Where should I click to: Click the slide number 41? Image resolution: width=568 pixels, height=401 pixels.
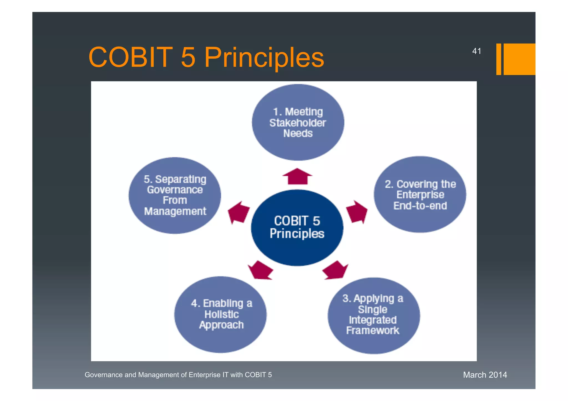pyautogui.click(x=476, y=51)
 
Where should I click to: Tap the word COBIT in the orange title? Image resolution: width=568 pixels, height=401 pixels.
pyautogui.click(x=130, y=57)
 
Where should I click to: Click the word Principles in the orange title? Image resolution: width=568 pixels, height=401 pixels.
pyautogui.click(x=264, y=58)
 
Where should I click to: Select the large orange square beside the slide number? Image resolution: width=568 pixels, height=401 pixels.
pyautogui.click(x=519, y=59)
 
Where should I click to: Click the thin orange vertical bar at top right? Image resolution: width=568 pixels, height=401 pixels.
pyautogui.click(x=498, y=59)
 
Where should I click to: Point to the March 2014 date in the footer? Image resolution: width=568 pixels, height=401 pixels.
pyautogui.click(x=485, y=375)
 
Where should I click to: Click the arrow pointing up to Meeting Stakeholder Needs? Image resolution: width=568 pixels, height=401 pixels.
pyautogui.click(x=297, y=177)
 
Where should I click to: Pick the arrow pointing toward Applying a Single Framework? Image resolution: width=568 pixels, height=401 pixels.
pyautogui.click(x=336, y=270)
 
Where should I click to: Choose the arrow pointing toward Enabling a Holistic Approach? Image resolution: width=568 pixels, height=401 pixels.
pyautogui.click(x=260, y=270)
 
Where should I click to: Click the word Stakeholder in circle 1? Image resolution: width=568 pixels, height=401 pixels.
pyautogui.click(x=298, y=123)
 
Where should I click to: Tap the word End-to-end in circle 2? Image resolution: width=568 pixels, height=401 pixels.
pyautogui.click(x=420, y=206)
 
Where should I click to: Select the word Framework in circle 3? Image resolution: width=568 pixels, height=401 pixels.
pyautogui.click(x=372, y=330)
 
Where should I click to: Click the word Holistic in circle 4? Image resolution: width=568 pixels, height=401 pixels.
pyautogui.click(x=221, y=314)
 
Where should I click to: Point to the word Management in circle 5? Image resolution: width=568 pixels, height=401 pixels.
pyautogui.click(x=175, y=211)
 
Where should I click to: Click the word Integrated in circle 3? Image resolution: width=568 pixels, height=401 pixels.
pyautogui.click(x=372, y=320)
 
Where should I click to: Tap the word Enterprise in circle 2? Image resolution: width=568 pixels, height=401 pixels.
pyautogui.click(x=420, y=195)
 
